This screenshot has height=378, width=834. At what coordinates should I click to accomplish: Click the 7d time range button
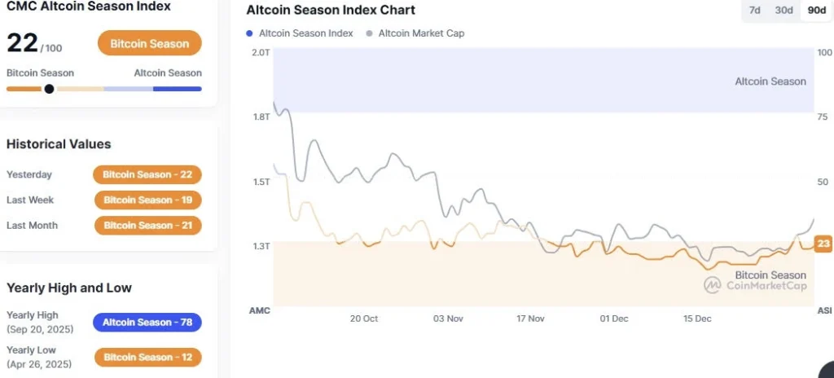pyautogui.click(x=755, y=11)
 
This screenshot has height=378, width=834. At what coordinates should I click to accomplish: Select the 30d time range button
pyautogui.click(x=784, y=11)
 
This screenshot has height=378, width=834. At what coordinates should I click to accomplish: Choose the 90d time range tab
pyautogui.click(x=814, y=11)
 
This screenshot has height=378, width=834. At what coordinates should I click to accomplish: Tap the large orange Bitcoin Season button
pyautogui.click(x=149, y=43)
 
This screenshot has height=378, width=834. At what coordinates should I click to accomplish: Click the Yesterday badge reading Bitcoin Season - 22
pyautogui.click(x=147, y=174)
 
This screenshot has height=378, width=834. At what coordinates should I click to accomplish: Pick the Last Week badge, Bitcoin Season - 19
pyautogui.click(x=147, y=200)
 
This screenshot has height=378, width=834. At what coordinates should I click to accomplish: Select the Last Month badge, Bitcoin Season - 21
pyautogui.click(x=147, y=225)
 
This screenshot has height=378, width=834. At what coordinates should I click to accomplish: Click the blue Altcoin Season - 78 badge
pyautogui.click(x=147, y=323)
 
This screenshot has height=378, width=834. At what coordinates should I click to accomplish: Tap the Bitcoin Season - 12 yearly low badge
pyautogui.click(x=147, y=357)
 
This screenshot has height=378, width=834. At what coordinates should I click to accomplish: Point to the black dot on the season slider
pyautogui.click(x=49, y=89)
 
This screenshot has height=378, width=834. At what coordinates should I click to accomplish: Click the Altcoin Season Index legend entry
pyautogui.click(x=301, y=33)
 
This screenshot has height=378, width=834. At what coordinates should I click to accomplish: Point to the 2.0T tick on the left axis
pyautogui.click(x=261, y=52)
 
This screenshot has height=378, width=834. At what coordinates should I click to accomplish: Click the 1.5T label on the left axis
pyautogui.click(x=261, y=182)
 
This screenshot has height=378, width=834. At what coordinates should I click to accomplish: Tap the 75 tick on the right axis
pyautogui.click(x=824, y=116)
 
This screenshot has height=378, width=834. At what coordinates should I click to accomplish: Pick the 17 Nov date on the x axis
pyautogui.click(x=530, y=319)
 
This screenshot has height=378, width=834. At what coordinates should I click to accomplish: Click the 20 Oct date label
pyautogui.click(x=364, y=319)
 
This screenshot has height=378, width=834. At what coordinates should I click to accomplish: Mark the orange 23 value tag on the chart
pyautogui.click(x=823, y=243)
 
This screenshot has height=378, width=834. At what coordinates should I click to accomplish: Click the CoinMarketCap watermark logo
pyautogui.click(x=713, y=285)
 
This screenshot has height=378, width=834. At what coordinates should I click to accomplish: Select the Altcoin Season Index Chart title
pyautogui.click(x=331, y=11)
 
